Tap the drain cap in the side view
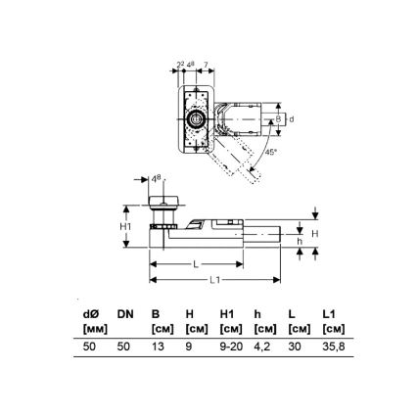(165, 207)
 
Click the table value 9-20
(225, 346)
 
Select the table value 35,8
(332, 346)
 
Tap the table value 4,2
(260, 346)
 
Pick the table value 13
(156, 346)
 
